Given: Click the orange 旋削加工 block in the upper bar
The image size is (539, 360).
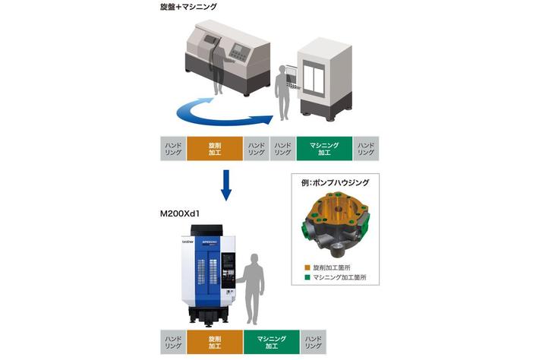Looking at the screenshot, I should (213, 148).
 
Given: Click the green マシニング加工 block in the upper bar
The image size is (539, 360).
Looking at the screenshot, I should (324, 148).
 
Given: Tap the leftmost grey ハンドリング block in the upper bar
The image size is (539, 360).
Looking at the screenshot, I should (173, 148).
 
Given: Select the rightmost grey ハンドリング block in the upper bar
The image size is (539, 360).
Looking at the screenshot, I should (366, 148).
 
